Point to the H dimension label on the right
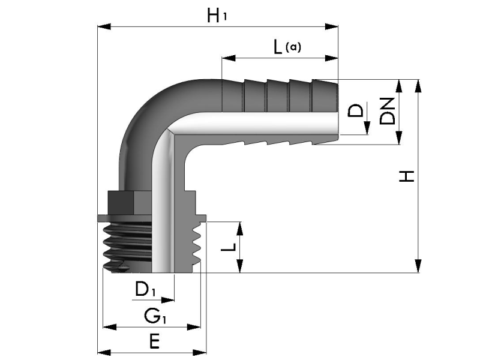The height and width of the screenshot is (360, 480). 407,176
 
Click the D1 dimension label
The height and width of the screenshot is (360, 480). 145,290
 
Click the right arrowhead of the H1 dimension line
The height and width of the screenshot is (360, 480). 333,26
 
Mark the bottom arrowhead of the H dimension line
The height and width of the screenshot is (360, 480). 419,266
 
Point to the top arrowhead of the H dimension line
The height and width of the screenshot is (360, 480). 419,86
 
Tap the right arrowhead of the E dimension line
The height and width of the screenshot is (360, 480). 200,352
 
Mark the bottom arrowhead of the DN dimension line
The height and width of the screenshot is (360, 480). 398,139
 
